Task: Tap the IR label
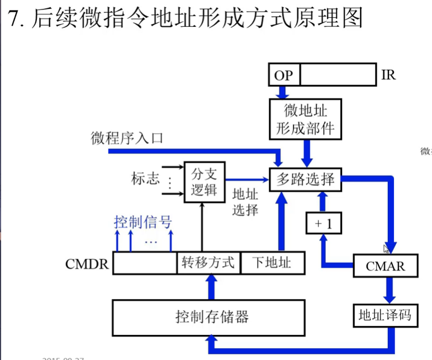click(x=388, y=74)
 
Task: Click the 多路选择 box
click(x=305, y=179)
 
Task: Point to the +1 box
click(x=323, y=224)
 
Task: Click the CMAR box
click(x=385, y=266)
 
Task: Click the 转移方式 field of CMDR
click(x=208, y=263)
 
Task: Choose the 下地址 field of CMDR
click(x=272, y=263)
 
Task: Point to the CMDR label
click(x=87, y=263)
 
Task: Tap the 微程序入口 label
click(x=127, y=138)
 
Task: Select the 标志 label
click(x=145, y=179)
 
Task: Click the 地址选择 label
click(x=245, y=202)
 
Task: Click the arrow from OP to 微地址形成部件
click(x=284, y=92)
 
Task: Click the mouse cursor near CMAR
click(x=386, y=249)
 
